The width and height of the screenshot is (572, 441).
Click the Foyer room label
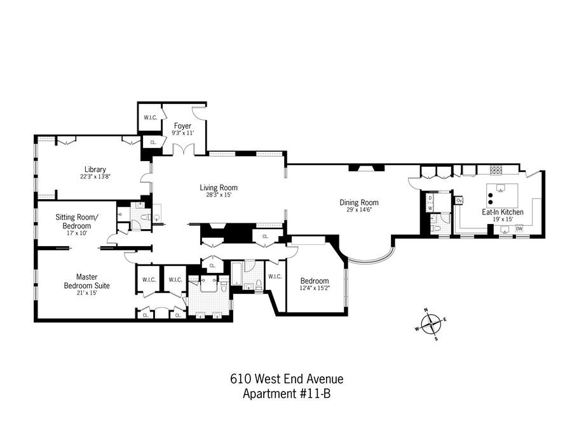click(x=182, y=126)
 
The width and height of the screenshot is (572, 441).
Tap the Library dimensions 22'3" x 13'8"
click(x=95, y=176)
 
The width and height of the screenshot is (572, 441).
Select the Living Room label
click(x=219, y=188)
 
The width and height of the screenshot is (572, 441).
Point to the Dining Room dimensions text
click(x=359, y=210)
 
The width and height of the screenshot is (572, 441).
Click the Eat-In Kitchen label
click(x=503, y=212)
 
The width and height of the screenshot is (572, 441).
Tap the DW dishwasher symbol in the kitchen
click(x=519, y=229)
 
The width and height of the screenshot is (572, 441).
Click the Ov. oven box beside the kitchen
click(x=459, y=201)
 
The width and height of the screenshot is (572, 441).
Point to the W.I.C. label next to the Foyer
click(x=150, y=117)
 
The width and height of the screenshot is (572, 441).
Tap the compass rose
click(x=431, y=324)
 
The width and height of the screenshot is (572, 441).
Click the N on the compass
click(x=426, y=310)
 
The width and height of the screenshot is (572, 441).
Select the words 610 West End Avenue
click(x=287, y=379)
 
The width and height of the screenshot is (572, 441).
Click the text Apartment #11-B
click(x=287, y=393)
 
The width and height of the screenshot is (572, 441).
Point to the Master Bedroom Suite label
click(x=87, y=281)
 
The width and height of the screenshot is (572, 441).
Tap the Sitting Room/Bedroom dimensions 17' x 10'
click(x=77, y=234)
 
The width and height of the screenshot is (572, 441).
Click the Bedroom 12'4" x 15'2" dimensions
click(x=315, y=289)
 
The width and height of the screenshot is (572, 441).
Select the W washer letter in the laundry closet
click(x=430, y=208)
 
